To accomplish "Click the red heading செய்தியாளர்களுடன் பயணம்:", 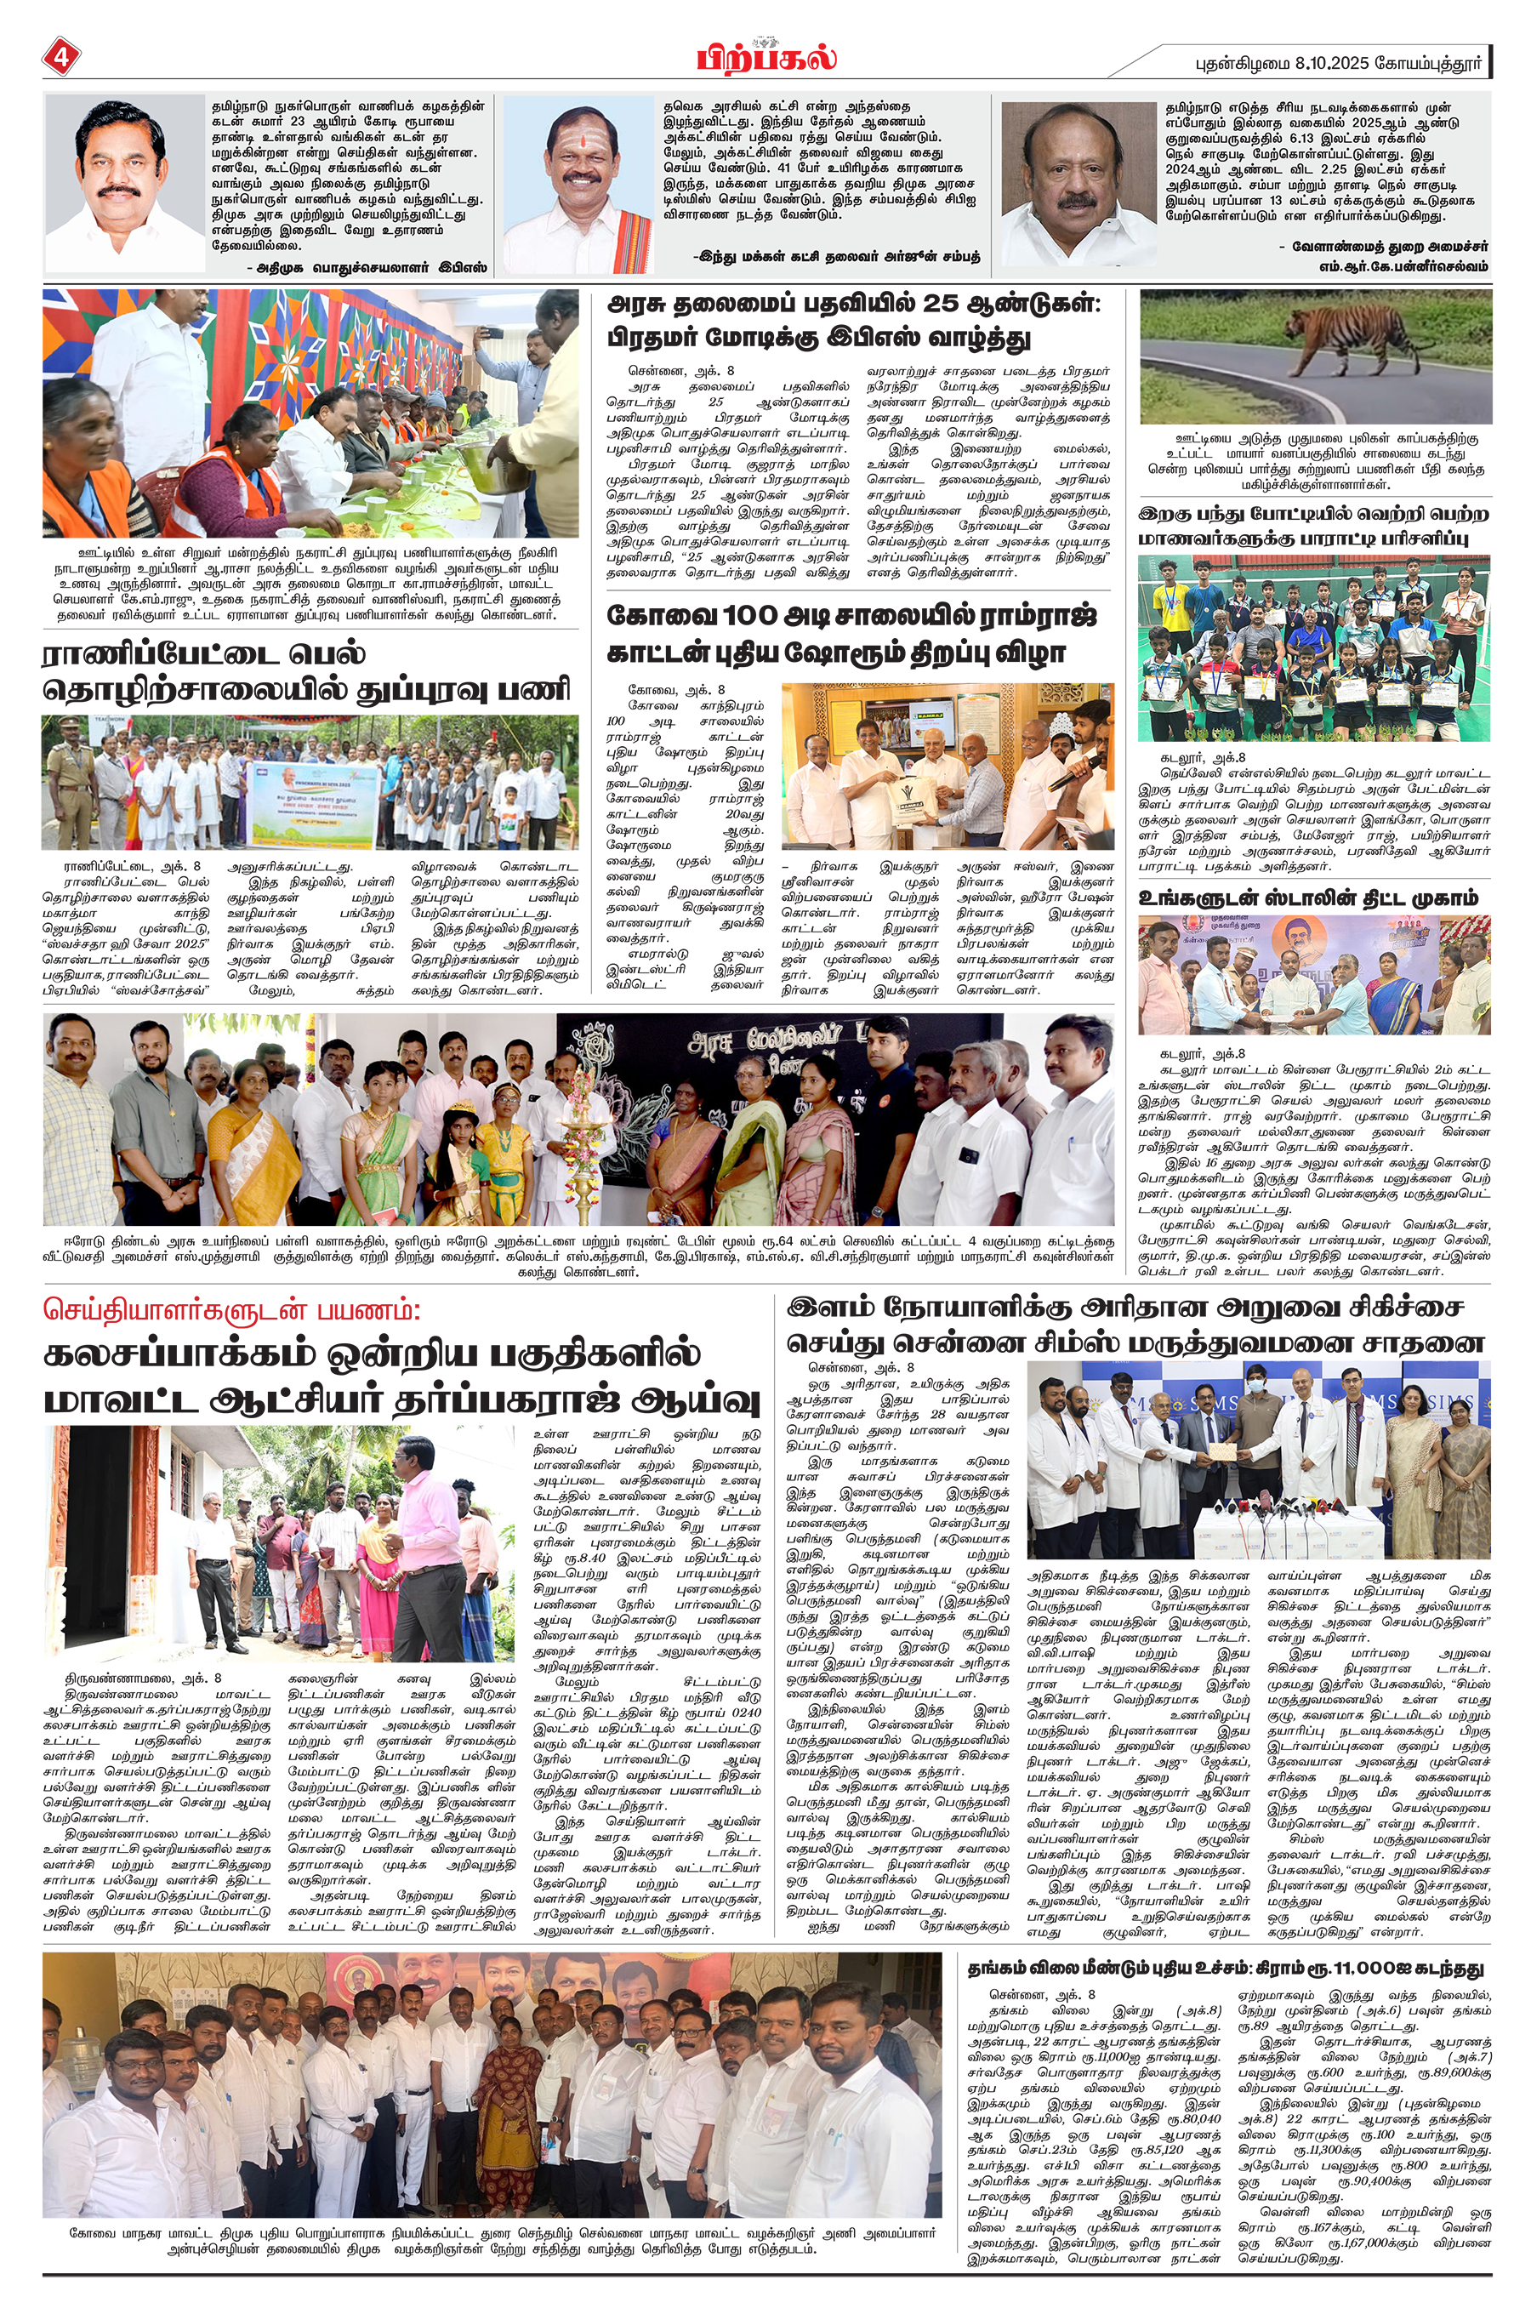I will click(231, 1310).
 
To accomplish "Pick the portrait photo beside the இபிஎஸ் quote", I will click(125, 186).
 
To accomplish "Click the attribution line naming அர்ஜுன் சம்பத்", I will click(837, 257).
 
